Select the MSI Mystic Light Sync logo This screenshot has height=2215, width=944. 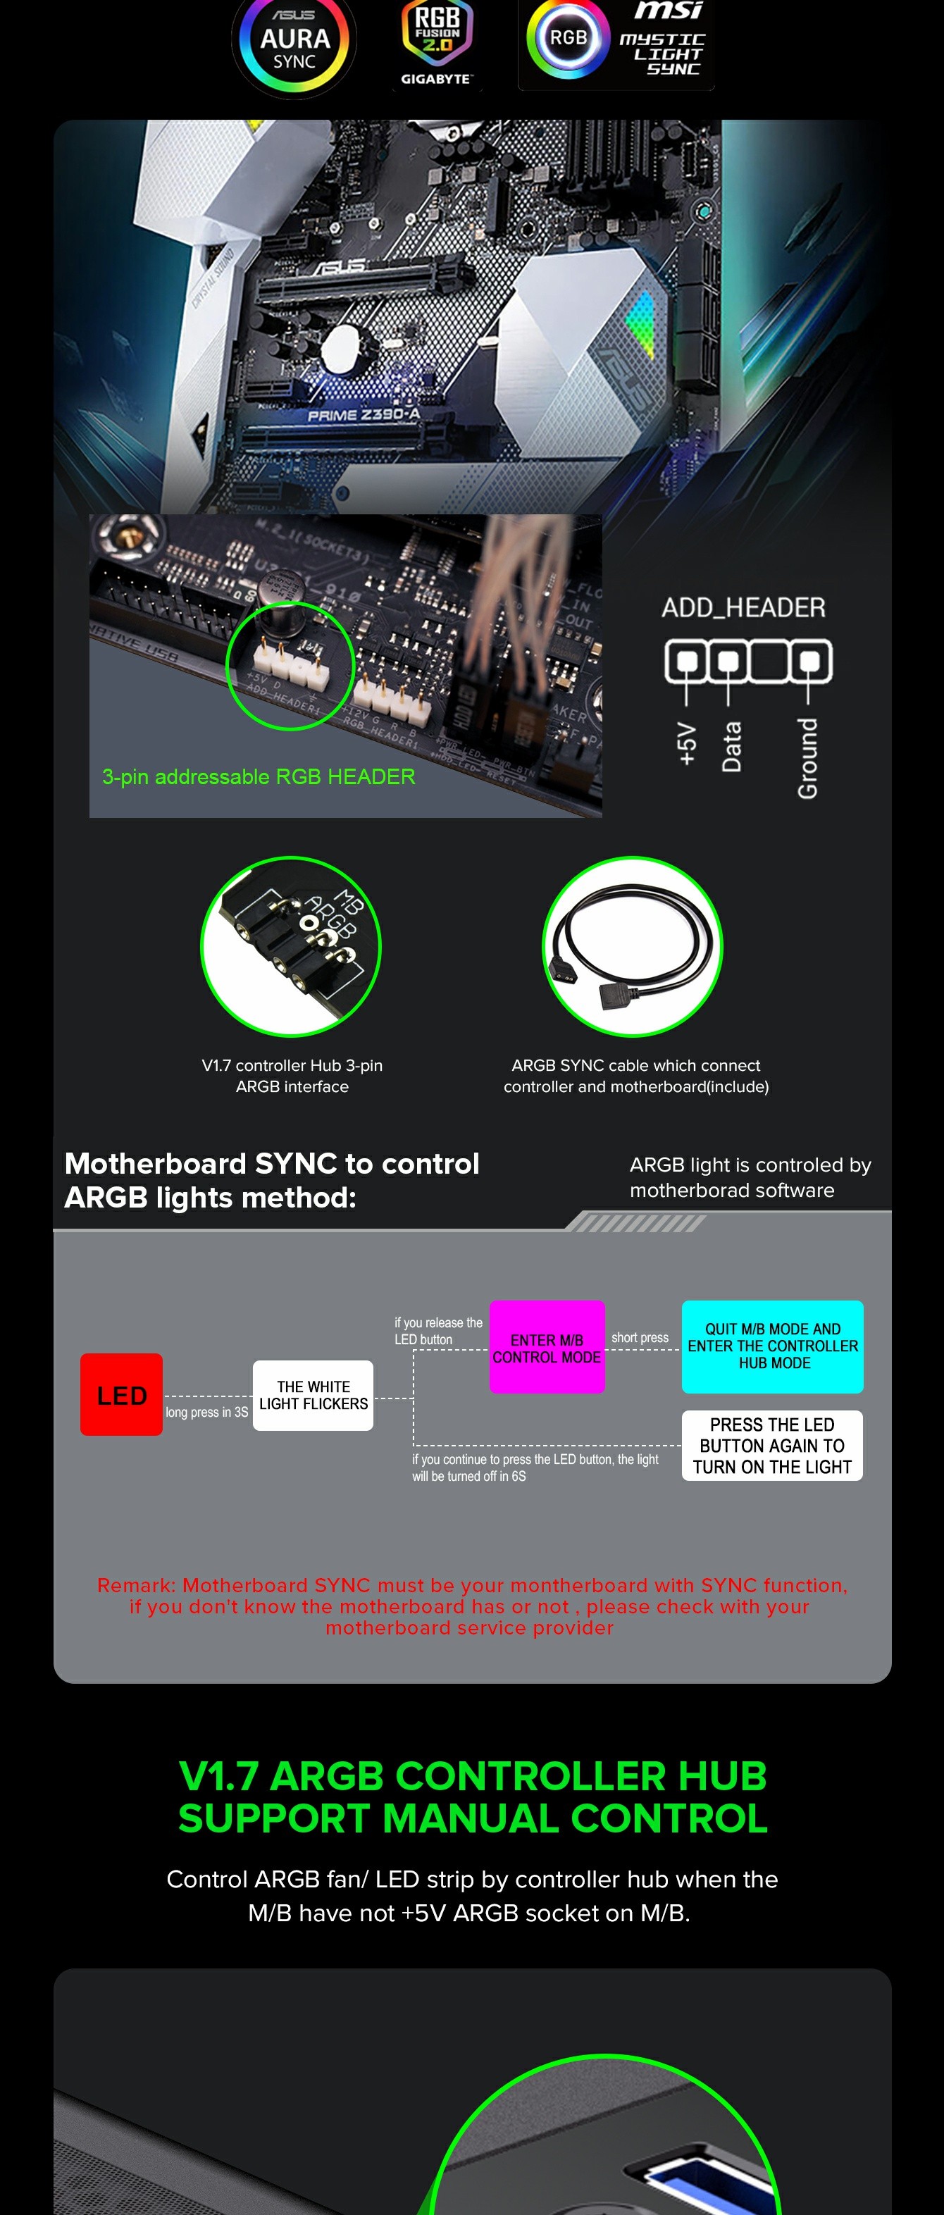[616, 43]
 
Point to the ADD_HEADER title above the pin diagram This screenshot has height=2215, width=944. [743, 608]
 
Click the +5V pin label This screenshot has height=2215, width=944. [686, 744]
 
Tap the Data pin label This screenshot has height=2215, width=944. [731, 746]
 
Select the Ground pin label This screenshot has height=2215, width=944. [807, 757]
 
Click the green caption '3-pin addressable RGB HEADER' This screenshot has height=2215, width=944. [259, 776]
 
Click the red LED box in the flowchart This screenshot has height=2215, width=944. [121, 1395]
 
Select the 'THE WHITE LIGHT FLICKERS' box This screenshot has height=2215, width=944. [313, 1395]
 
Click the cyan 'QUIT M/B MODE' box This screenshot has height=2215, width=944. [772, 1346]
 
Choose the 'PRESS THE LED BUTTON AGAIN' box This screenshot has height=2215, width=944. [772, 1446]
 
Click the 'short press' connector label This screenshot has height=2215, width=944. [640, 1337]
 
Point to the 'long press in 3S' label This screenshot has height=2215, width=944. [206, 1412]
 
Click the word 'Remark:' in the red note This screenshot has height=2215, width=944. [136, 1584]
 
